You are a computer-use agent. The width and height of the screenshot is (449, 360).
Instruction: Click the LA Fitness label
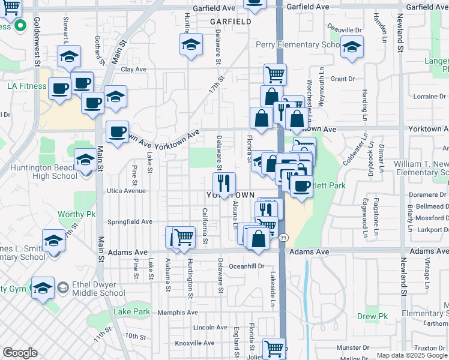(26, 86)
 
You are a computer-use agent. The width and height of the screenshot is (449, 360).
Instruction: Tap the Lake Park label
(131, 311)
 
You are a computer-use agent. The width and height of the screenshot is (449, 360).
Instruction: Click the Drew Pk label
(373, 316)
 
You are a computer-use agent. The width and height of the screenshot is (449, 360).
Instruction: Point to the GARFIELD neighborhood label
(231, 22)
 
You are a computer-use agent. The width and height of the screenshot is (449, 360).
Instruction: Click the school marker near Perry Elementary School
(352, 46)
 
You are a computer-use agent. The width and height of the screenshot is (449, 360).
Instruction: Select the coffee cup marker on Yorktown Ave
(118, 131)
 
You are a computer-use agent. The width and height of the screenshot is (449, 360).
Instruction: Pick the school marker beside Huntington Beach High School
(85, 160)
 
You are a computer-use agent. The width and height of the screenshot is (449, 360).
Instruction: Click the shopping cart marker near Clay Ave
(275, 74)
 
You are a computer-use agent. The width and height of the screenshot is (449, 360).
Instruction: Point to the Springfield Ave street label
(130, 221)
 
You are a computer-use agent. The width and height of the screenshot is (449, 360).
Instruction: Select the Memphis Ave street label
(177, 313)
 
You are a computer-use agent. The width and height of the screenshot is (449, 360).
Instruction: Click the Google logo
(20, 353)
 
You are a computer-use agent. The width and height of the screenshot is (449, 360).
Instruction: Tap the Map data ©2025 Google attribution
(412, 355)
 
